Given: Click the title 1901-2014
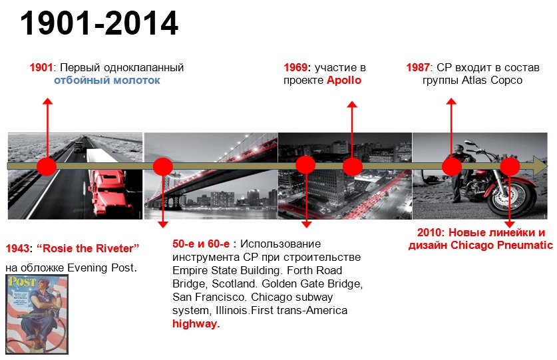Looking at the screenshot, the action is click(99, 23).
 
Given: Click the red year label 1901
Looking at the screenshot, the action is click(41, 67).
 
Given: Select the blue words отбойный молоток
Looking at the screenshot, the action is click(107, 81).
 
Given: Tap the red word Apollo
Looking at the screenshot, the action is click(344, 81).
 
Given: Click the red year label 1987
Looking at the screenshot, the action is click(418, 67).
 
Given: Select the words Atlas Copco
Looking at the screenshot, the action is click(492, 81).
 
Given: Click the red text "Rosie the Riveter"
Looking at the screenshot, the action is click(88, 248).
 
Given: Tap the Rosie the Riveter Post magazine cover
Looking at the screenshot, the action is click(37, 315).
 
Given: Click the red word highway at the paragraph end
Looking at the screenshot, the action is click(196, 323).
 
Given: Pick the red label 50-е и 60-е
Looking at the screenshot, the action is click(204, 244).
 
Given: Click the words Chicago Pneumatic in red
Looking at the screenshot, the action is click(502, 245).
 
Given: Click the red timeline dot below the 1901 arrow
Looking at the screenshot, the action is click(47, 166).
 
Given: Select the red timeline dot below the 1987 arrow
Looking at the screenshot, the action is click(451, 166).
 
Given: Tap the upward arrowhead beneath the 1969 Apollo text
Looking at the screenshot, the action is click(352, 104).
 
